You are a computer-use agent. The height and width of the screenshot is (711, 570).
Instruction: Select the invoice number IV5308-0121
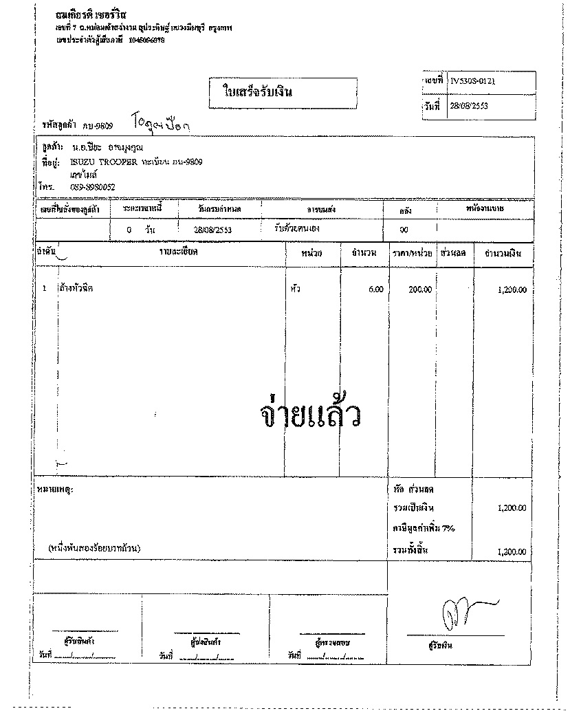coord(474,81)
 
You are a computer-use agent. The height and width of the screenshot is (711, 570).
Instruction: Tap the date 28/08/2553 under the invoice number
coord(468,106)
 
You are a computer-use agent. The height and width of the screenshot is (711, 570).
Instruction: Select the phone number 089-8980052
coord(92,187)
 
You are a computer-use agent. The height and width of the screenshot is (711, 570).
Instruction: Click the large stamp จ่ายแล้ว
coord(311,415)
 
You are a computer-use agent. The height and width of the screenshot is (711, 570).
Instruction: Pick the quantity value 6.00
coord(375,289)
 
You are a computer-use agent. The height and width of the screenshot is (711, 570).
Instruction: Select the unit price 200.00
coord(420,289)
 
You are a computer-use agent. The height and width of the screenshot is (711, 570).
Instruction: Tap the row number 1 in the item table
coord(45,289)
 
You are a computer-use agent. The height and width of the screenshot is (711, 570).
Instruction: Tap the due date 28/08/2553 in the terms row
coord(213,230)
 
